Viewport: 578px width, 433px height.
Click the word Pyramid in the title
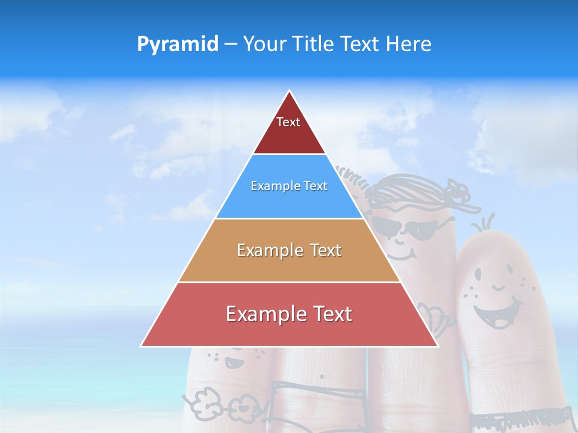pos(178,44)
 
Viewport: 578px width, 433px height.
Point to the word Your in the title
pos(267,44)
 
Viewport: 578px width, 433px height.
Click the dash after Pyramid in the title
pos(231,45)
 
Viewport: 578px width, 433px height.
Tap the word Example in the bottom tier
pos(263,314)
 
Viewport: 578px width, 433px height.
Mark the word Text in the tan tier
pos(323,250)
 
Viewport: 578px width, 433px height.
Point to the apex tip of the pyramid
pos(290,92)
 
